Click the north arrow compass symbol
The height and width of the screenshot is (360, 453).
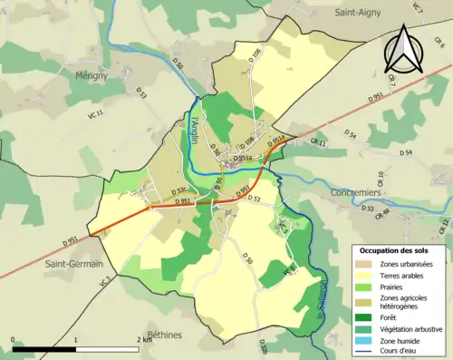point(403,49)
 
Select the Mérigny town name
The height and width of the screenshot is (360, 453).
point(92,76)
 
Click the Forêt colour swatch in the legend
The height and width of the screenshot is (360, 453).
point(368,317)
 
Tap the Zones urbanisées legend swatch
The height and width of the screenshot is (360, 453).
point(368,264)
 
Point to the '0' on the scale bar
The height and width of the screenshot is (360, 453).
point(14,339)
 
